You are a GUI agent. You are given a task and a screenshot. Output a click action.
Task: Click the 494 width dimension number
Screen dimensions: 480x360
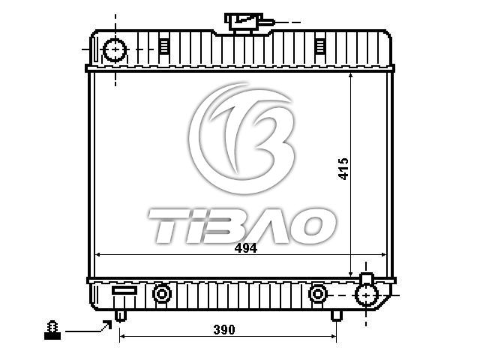[245, 248]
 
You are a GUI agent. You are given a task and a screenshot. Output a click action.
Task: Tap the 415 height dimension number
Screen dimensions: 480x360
[343, 169]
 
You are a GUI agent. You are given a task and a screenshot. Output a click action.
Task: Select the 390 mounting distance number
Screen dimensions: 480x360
[224, 330]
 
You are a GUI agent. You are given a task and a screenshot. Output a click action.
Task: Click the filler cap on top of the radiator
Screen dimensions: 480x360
[244, 23]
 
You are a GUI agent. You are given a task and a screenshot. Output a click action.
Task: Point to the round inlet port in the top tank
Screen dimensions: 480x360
[115, 49]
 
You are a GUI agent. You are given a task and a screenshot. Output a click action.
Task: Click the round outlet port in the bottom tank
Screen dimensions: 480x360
[367, 295]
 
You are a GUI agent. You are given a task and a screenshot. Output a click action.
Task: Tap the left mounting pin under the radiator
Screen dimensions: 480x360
[121, 316]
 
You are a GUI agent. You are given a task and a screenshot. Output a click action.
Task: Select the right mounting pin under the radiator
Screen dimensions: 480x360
[337, 316]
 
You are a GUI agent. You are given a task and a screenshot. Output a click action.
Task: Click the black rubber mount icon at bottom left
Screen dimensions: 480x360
[52, 330]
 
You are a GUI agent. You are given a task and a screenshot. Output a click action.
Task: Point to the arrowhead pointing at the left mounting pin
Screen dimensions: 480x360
[108, 324]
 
